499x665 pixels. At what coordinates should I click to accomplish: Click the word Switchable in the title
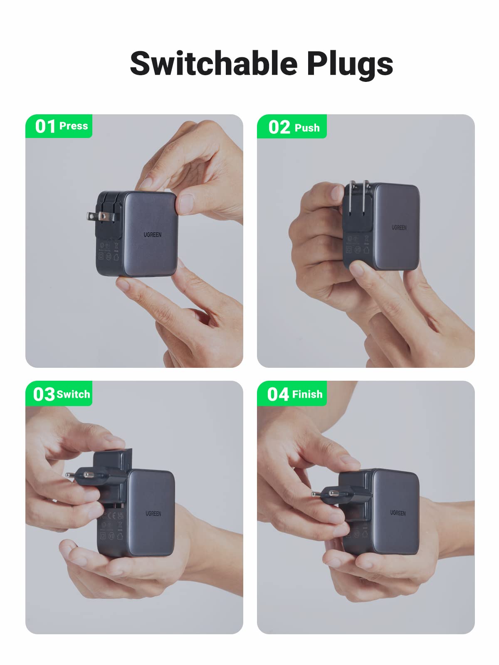coord(214,64)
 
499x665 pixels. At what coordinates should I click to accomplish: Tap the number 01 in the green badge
coord(45,126)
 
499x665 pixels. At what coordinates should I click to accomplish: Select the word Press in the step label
coord(74,126)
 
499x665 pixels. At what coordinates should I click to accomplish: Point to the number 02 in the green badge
coord(279,127)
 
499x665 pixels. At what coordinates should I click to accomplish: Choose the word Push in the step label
coord(307,128)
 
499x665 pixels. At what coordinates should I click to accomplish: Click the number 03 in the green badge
coord(44,394)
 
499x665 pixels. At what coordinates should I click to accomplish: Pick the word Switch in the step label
coord(74,394)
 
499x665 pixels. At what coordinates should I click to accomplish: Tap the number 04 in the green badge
coord(278,394)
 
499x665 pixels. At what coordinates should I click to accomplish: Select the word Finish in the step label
coord(307,394)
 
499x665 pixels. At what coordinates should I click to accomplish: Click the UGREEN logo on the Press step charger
coord(153,235)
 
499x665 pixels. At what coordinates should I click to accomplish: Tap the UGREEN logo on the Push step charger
coord(399,227)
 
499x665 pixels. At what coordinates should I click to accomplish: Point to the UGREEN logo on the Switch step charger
coord(153,514)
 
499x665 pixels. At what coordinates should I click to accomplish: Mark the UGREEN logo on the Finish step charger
coord(398,513)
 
